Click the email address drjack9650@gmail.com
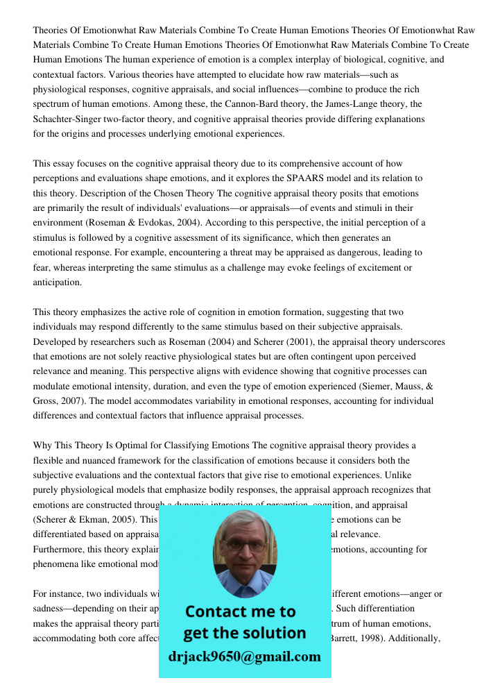click(x=244, y=657)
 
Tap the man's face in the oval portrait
click(x=244, y=545)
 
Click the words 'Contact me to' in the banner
click(x=240, y=611)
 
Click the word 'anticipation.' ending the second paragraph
click(x=58, y=282)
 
